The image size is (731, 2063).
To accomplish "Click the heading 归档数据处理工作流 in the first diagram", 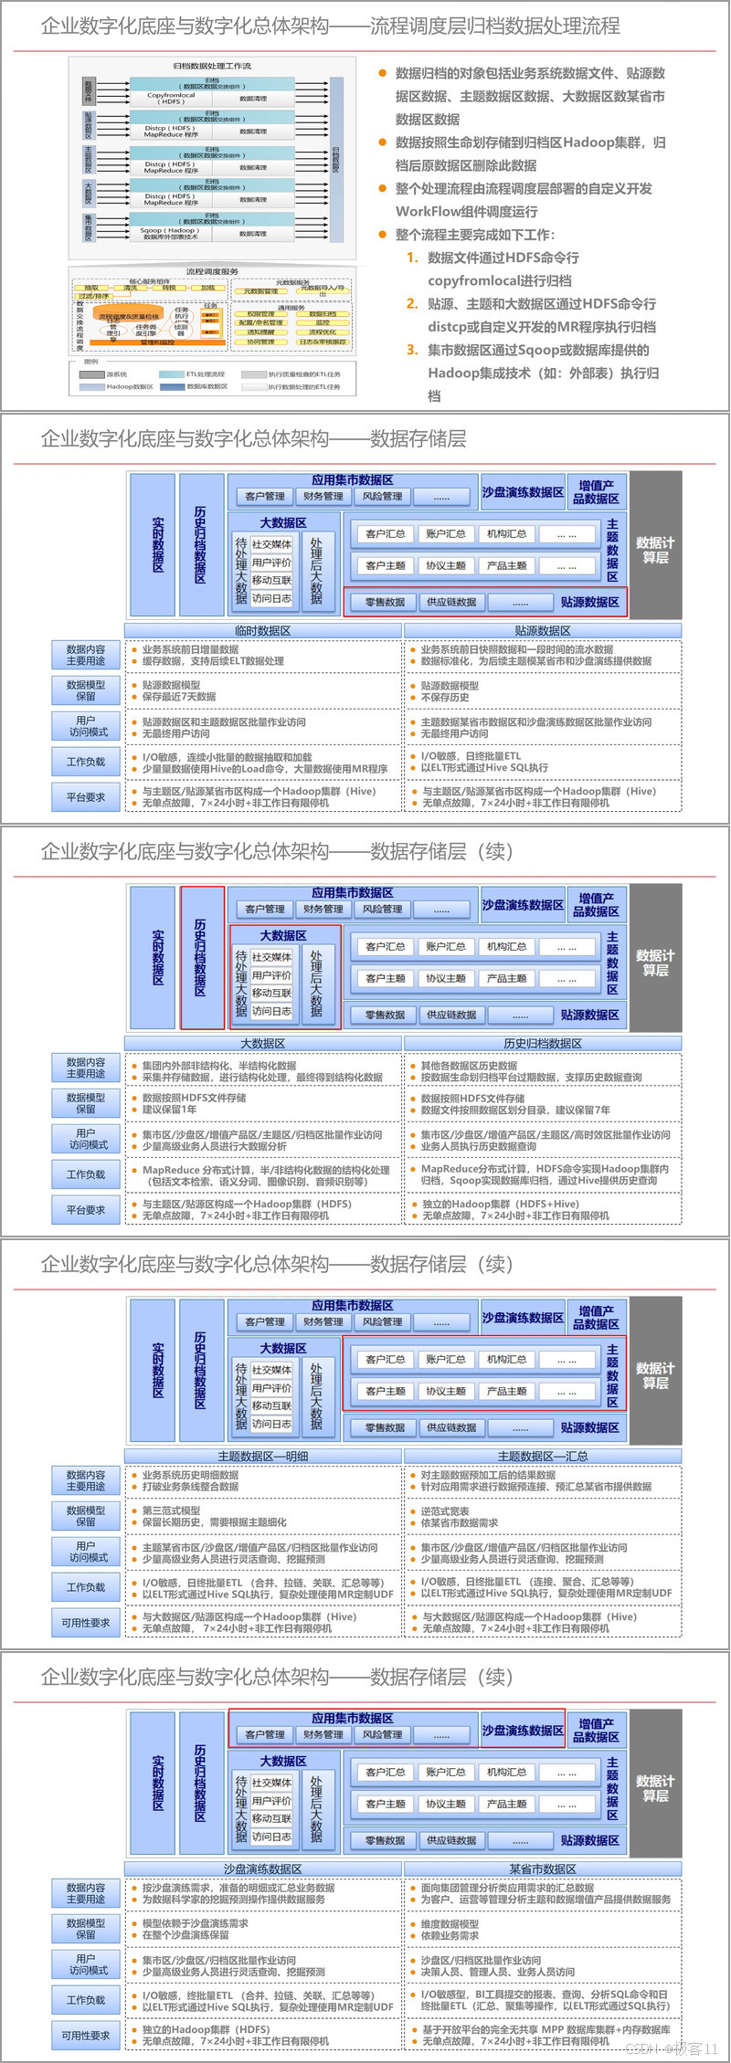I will click(212, 66).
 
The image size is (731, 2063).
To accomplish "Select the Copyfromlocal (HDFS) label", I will click(171, 98).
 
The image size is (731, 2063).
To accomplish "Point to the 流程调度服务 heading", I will click(212, 271).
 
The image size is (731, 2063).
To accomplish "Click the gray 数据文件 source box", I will click(89, 91).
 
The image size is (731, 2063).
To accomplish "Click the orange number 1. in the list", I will click(412, 258).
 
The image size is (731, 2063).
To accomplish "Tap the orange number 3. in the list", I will click(412, 350).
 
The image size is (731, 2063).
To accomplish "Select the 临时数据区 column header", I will click(262, 630).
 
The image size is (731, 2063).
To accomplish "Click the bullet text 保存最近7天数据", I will click(179, 697).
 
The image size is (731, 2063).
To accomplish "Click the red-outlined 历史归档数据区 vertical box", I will click(201, 957).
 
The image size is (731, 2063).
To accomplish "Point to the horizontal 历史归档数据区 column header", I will click(543, 1043).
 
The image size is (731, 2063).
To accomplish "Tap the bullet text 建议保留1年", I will click(170, 1110).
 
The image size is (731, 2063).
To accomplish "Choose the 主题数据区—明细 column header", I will click(262, 1456).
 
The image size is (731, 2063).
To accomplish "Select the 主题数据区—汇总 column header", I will click(543, 1456).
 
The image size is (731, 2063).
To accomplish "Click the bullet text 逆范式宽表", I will click(445, 1511).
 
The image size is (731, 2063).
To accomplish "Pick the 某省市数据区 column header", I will click(543, 1868).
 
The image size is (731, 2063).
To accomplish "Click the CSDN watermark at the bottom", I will click(671, 2048).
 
